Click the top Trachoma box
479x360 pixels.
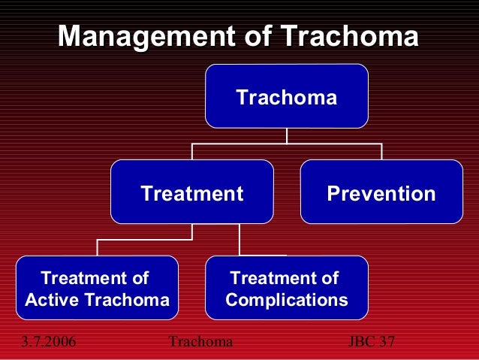click(x=286, y=96)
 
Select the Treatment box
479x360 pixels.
click(x=191, y=192)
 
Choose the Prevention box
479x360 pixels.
click(x=381, y=192)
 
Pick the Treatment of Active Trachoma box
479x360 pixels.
click(x=97, y=289)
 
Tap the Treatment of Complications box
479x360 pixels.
click(x=286, y=289)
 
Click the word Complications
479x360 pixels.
click(x=286, y=301)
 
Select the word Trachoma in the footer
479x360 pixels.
click(x=200, y=342)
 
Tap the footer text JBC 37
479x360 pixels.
click(x=372, y=342)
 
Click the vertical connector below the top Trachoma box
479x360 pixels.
click(x=286, y=135)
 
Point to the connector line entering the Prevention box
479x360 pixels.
click(x=381, y=152)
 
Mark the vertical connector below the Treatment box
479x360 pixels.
click(x=191, y=231)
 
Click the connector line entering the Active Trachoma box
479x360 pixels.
click(x=97, y=248)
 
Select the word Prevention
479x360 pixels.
click(x=381, y=194)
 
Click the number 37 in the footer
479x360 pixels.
click(x=386, y=342)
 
